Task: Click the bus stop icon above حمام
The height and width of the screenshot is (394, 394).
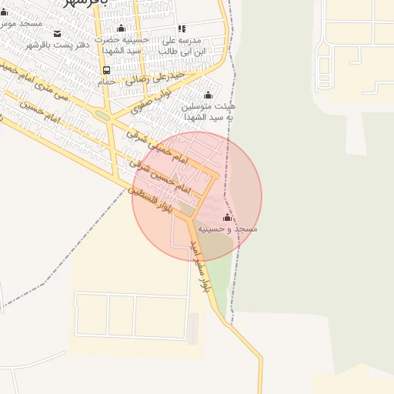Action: point(105,71)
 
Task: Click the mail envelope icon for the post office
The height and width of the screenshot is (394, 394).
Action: point(57,33)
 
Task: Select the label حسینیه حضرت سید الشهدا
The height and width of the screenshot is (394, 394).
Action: point(119,44)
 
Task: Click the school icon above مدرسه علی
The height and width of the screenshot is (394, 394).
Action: point(182,28)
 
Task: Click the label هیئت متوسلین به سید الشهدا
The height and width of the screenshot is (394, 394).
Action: point(207,112)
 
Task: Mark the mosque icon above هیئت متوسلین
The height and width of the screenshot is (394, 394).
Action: point(208,95)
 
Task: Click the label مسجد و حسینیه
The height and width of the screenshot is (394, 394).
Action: point(227,229)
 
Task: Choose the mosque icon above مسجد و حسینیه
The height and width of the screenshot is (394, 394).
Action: point(226,218)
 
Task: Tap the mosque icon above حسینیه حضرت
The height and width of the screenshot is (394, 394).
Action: point(121,28)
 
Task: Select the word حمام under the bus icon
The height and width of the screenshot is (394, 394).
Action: point(106,81)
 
